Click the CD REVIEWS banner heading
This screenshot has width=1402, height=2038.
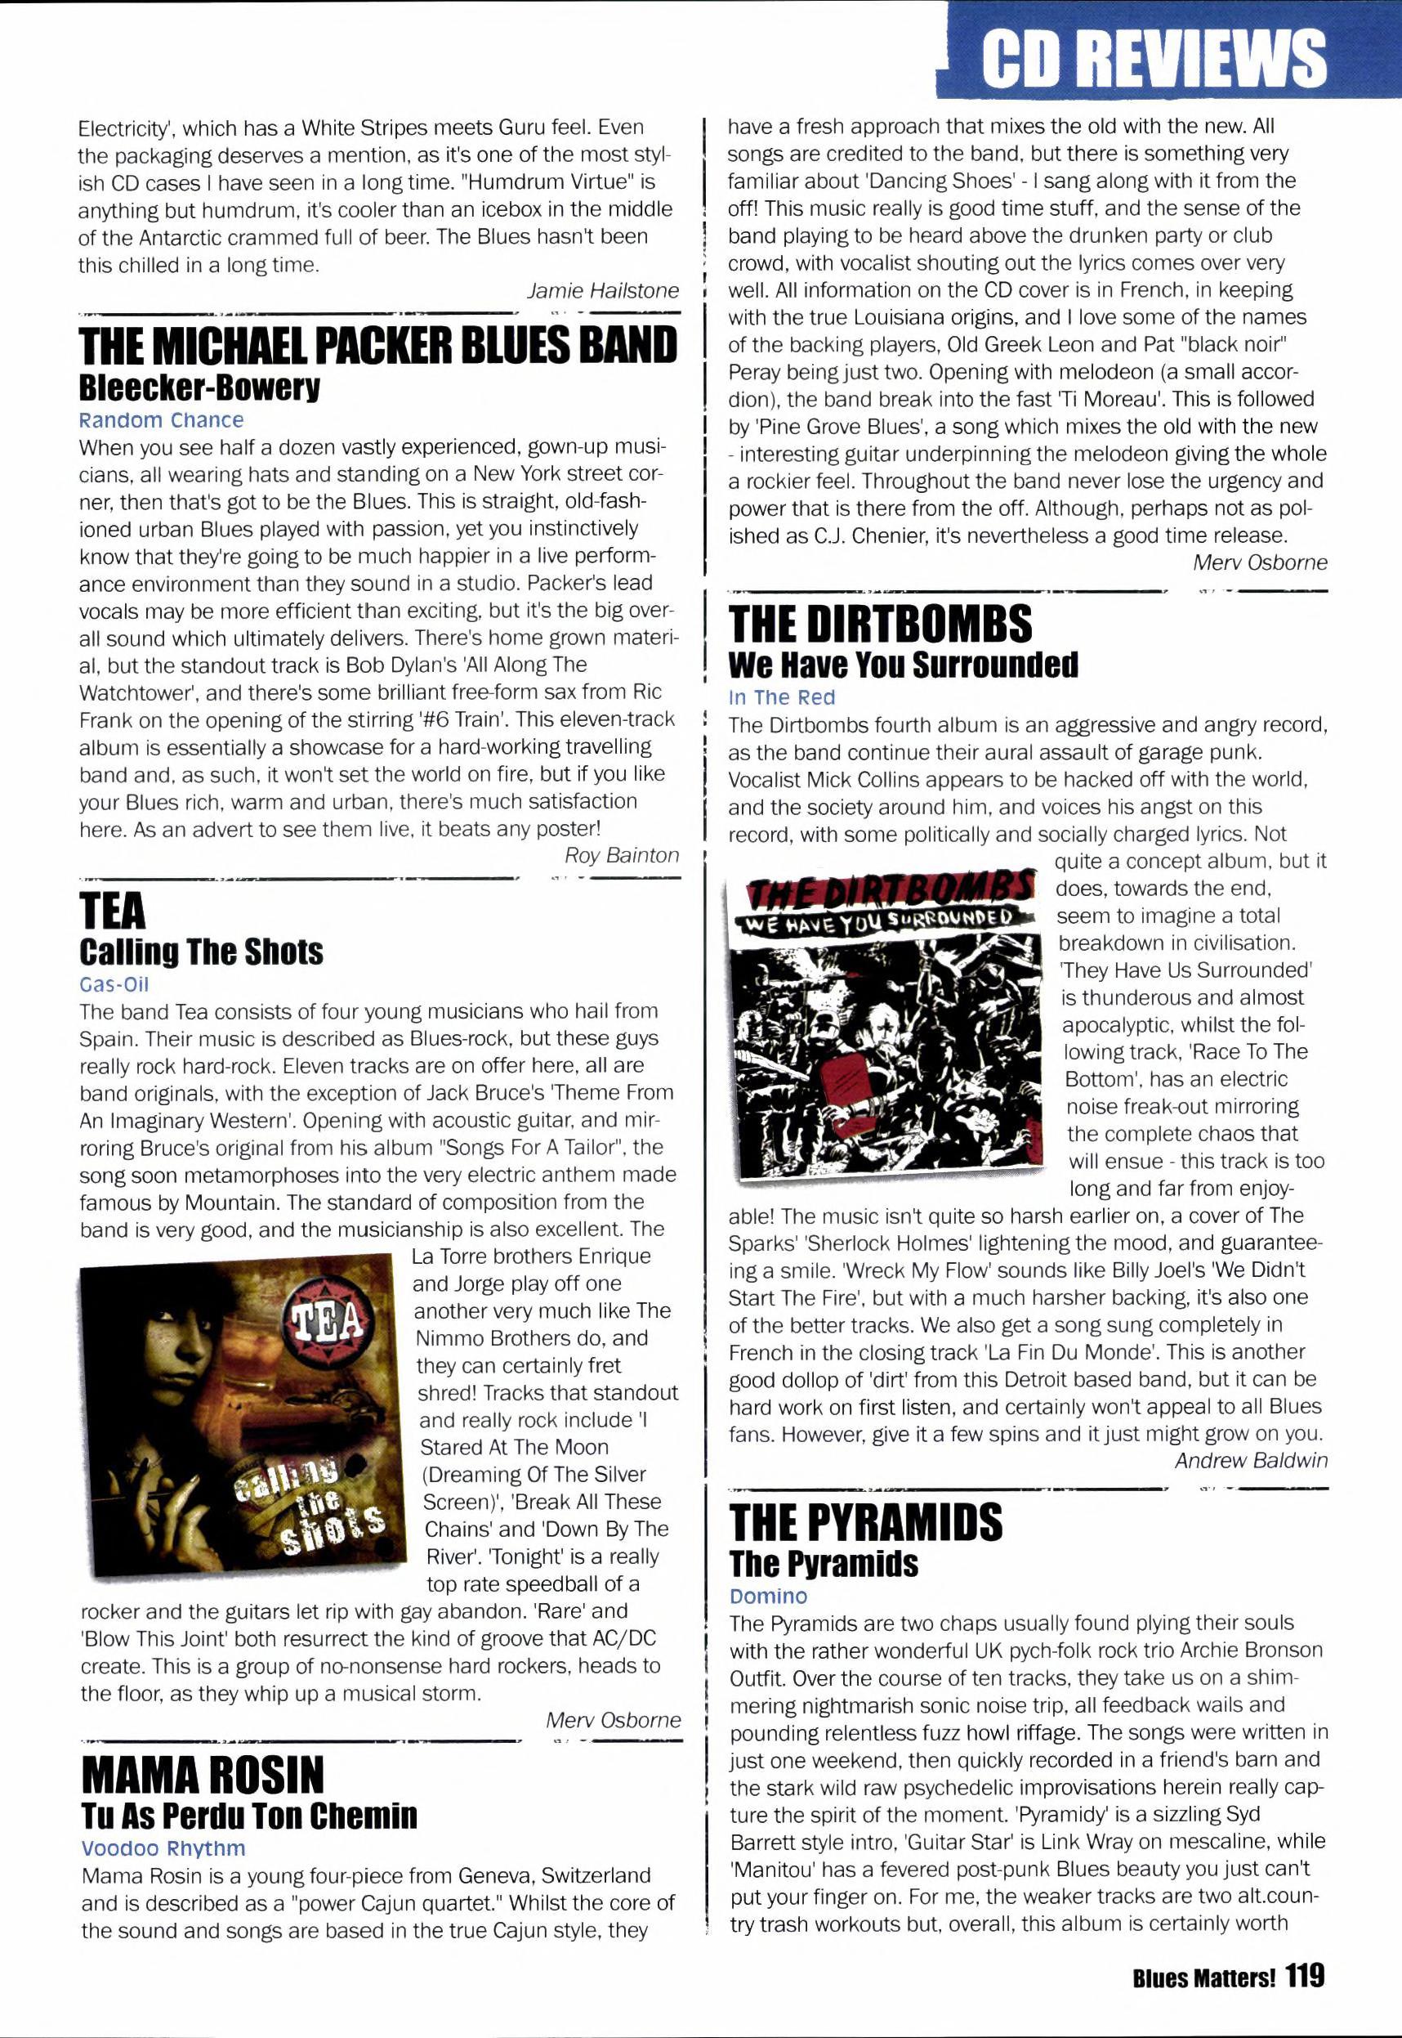pos(1154,56)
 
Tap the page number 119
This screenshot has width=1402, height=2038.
pos(1306,1977)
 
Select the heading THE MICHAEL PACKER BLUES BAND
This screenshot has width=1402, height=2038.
pos(378,345)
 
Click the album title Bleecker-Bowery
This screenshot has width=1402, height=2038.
pos(199,387)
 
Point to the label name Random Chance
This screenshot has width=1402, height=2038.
pos(161,420)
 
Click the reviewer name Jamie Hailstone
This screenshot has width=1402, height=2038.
pos(603,291)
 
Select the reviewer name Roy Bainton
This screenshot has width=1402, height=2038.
pos(622,855)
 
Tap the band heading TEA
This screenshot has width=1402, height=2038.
pos(114,912)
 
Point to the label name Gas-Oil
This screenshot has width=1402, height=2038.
pos(114,984)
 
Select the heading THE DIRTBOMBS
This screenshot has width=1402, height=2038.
pos(881,624)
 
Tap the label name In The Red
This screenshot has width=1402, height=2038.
pos(782,697)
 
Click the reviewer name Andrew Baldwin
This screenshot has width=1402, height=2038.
pos(1251,1461)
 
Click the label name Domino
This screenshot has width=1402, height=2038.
pos(768,1596)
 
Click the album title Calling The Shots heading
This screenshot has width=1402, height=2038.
pos(201,952)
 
